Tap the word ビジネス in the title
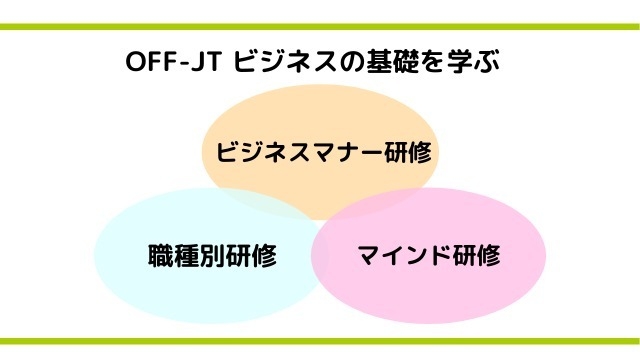coord(276,61)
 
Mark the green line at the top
coord(320,27)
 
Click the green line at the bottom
coord(320,341)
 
